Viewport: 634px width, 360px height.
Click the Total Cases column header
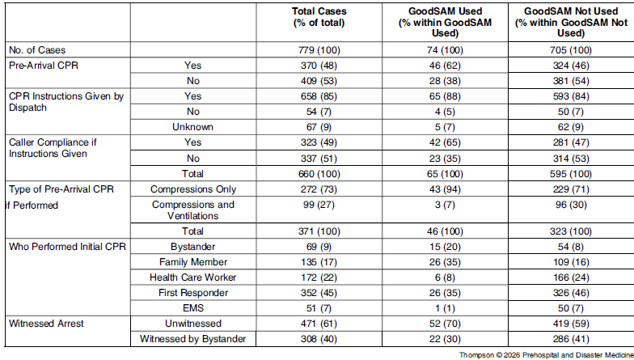click(x=319, y=17)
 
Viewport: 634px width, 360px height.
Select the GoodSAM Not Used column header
click(x=571, y=23)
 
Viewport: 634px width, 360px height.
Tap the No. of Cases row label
click(x=37, y=50)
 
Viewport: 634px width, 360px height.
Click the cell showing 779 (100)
click(x=319, y=50)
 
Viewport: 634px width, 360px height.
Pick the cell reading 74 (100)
click(x=445, y=50)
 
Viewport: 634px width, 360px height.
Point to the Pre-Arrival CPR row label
click(x=44, y=66)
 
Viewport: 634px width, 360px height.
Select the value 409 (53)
click(x=319, y=81)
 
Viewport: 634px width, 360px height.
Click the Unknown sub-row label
click(x=192, y=127)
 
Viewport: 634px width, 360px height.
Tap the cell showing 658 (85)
click(x=319, y=96)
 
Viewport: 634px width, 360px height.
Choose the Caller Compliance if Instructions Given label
click(x=53, y=148)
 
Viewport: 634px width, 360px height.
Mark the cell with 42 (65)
click(x=445, y=142)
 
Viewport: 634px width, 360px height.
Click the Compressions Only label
click(x=192, y=189)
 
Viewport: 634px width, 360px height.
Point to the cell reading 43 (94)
click(x=445, y=189)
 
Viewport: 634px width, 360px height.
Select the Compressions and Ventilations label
click(x=192, y=210)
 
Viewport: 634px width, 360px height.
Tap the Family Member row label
click(x=192, y=262)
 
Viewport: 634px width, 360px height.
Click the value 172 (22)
click(x=319, y=277)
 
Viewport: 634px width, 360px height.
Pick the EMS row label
click(x=192, y=308)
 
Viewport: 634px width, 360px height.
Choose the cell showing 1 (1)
click(x=445, y=308)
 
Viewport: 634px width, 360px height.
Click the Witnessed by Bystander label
click(x=192, y=339)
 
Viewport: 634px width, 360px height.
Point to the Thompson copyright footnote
click(x=547, y=355)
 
